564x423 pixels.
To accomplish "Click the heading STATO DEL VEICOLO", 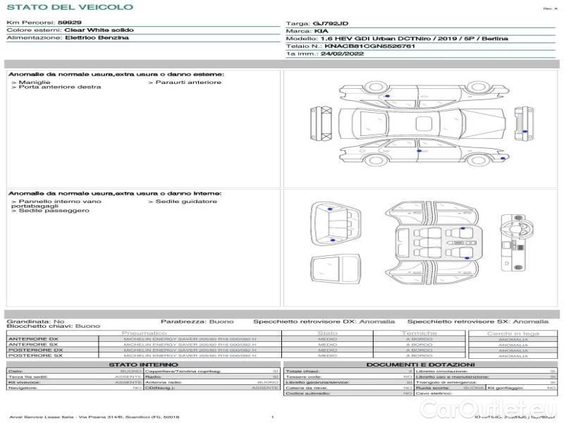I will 69,7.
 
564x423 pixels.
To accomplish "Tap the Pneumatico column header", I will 145,333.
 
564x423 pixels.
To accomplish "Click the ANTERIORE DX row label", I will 33,339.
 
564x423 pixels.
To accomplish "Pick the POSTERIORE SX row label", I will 35,355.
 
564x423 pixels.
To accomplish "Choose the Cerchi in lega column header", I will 513,333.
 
